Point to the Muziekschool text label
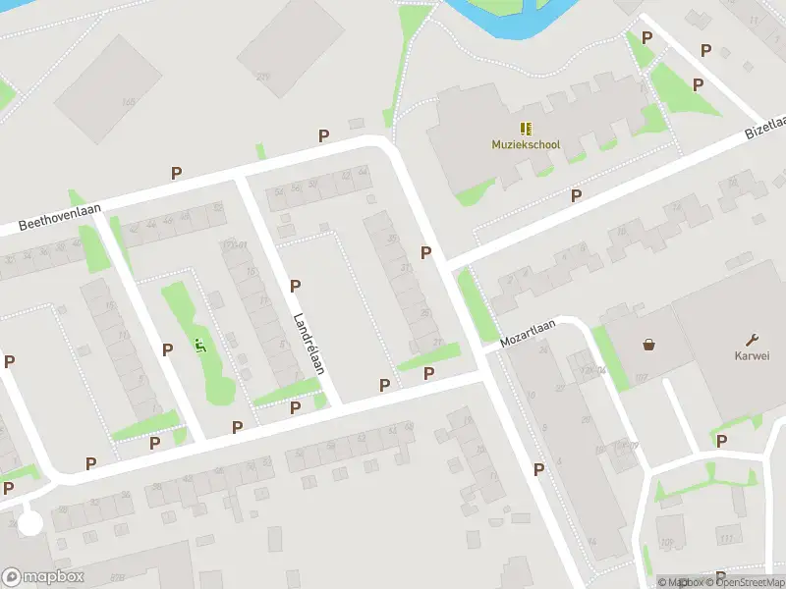point(526,144)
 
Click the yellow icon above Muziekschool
point(526,128)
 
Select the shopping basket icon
point(648,345)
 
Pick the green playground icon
point(200,345)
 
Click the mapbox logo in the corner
point(43,576)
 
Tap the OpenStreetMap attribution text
point(745,582)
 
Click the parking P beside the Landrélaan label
point(295,286)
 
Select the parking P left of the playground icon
point(167,348)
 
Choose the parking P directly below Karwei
point(722,442)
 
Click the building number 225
point(261,76)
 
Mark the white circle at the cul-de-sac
point(30,523)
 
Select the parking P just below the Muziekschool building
point(576,195)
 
